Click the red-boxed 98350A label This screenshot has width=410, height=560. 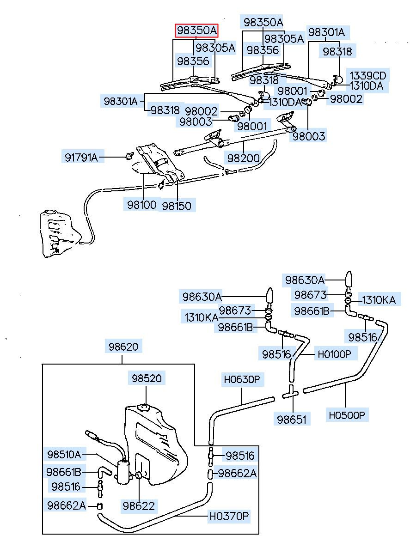click(x=196, y=30)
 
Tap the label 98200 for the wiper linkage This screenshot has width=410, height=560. click(x=243, y=158)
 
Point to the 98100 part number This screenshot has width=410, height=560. click(x=142, y=204)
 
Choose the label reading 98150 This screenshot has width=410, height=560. click(x=177, y=205)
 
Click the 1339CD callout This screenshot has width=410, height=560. click(x=367, y=75)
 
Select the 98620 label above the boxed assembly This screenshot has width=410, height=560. click(x=123, y=346)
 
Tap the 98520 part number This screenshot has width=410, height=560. click(x=146, y=378)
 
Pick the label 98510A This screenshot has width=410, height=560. click(x=64, y=454)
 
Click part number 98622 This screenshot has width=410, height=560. click(x=139, y=505)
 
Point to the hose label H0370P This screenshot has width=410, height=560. click(x=229, y=516)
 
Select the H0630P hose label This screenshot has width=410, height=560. click(x=242, y=380)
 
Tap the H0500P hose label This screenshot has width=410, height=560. click(x=347, y=415)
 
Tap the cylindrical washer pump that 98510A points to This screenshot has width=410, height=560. click(x=123, y=472)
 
